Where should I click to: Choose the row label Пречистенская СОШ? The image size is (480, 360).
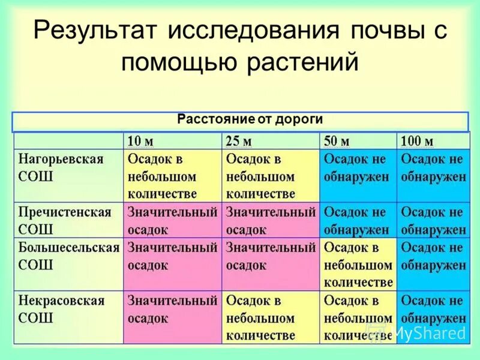tap(65, 221)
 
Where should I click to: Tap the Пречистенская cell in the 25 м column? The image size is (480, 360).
tap(270, 221)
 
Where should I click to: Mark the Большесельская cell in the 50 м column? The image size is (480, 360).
tap(358, 265)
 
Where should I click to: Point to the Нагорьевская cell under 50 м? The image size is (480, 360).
tap(358, 169)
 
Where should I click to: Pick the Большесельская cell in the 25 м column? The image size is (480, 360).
tap(270, 256)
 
